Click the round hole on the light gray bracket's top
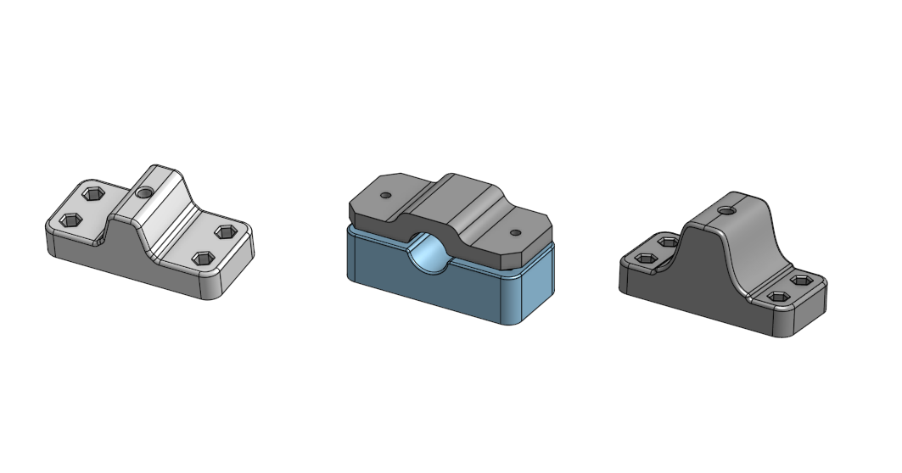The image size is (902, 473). [145, 193]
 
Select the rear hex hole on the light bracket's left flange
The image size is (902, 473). [93, 194]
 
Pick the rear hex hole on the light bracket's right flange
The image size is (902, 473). [226, 231]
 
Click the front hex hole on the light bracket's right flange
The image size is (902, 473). [204, 258]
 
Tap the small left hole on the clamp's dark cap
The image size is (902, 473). [385, 195]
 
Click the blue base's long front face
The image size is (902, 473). [424, 292]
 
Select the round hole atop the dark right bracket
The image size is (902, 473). [725, 209]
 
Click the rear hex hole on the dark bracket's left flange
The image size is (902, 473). [668, 242]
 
